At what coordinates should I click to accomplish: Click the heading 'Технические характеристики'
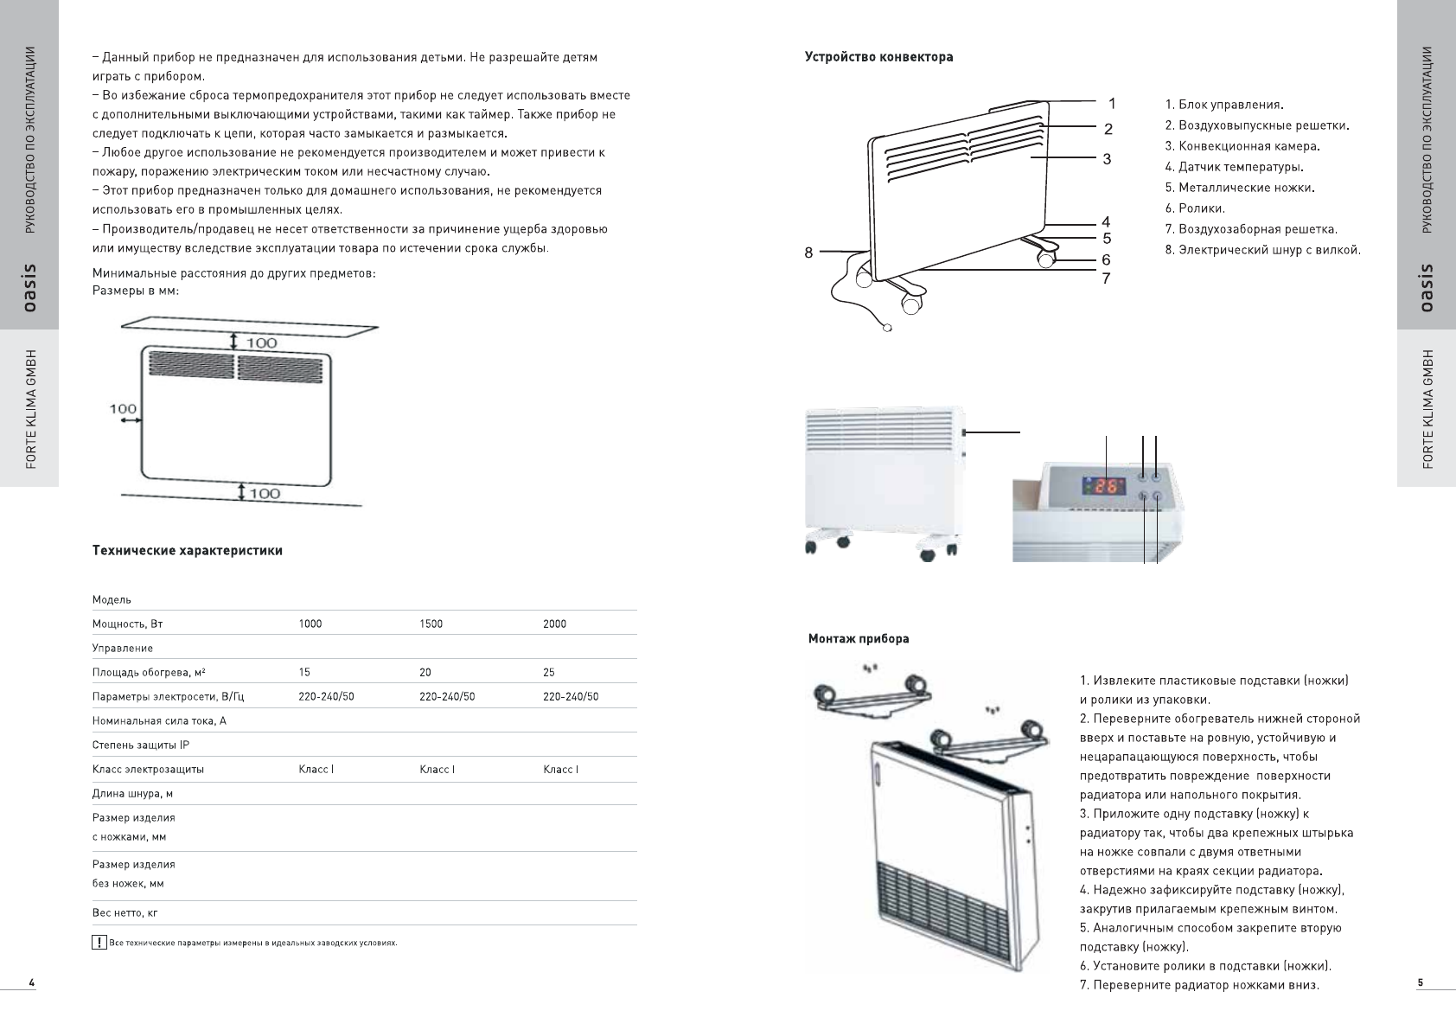188,550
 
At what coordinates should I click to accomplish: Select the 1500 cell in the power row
431,624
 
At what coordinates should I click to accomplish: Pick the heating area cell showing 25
549,672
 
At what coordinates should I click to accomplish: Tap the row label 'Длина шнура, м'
133,793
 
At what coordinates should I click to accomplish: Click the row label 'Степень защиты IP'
141,745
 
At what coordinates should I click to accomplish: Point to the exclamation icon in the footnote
99,943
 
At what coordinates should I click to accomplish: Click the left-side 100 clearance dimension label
123,408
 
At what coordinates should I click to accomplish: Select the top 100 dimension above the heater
262,342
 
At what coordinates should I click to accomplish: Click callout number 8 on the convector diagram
808,253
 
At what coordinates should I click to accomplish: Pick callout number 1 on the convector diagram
1112,104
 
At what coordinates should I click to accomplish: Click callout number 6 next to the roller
1106,259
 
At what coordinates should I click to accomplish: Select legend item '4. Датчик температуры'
1235,167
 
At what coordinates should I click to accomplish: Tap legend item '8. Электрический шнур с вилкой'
1263,250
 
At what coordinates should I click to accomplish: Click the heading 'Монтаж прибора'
859,639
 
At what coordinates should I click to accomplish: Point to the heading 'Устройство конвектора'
879,57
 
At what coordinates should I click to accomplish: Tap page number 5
1421,982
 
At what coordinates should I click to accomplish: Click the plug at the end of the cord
886,328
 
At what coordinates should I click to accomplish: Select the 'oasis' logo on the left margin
30,288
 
